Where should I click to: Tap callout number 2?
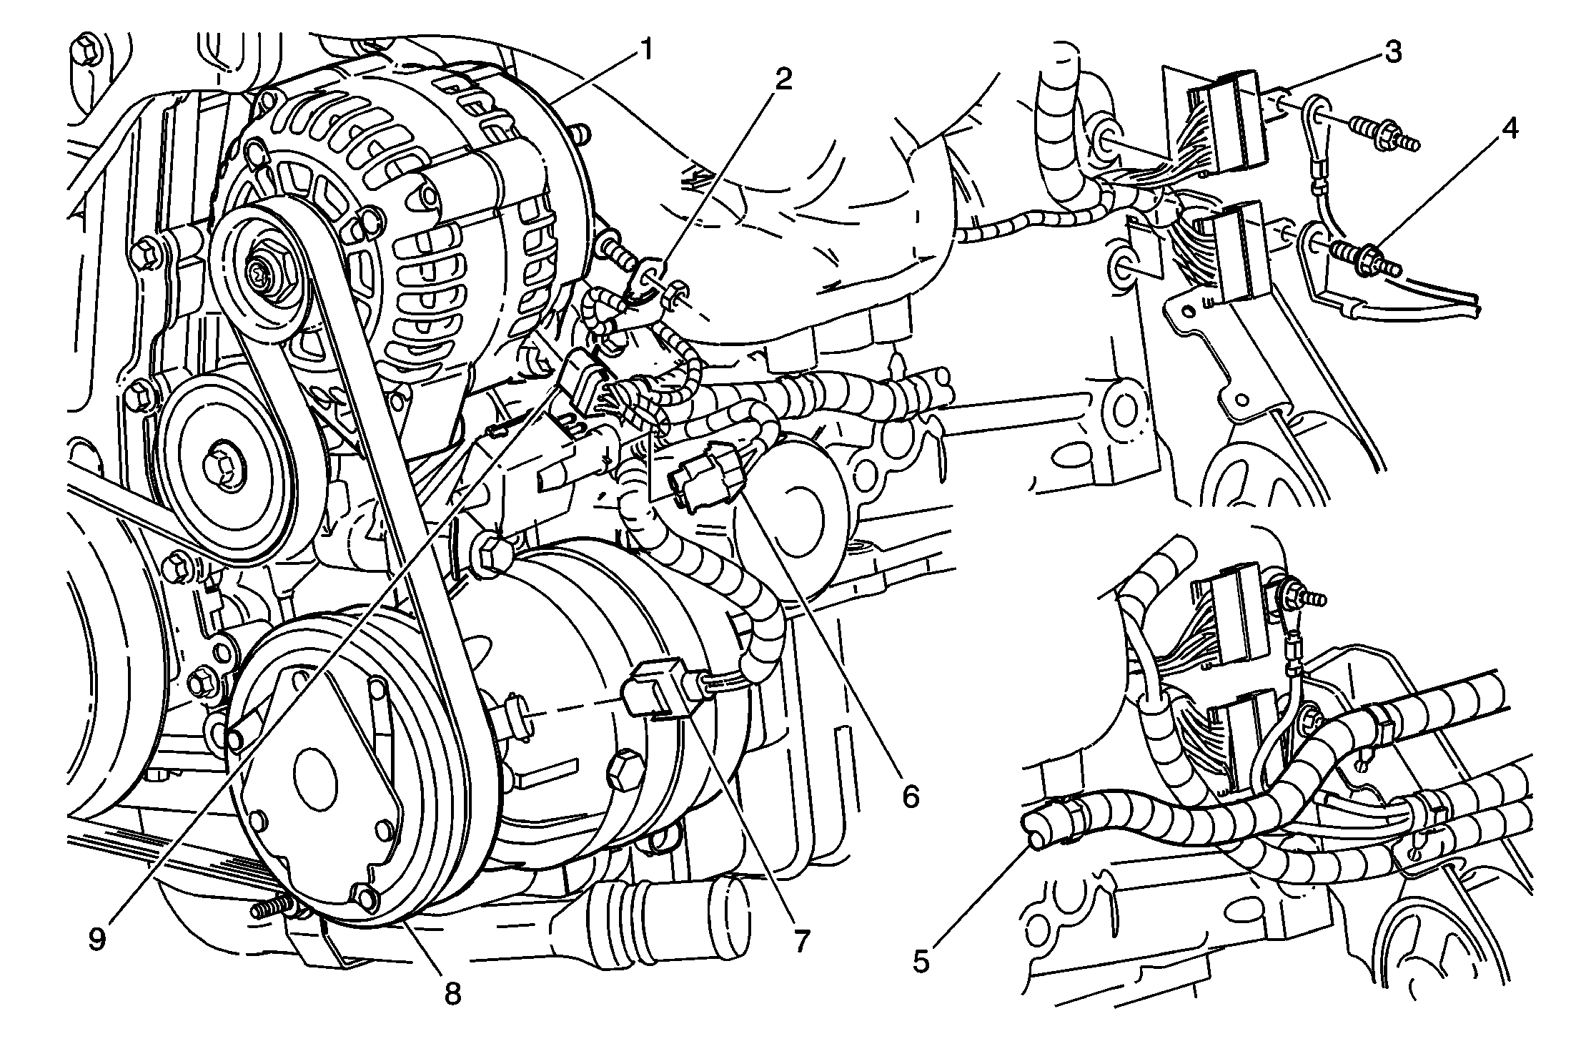click(784, 79)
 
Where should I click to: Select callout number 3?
click(1393, 54)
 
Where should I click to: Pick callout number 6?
click(910, 795)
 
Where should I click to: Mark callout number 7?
click(801, 940)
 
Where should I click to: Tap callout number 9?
click(97, 938)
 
